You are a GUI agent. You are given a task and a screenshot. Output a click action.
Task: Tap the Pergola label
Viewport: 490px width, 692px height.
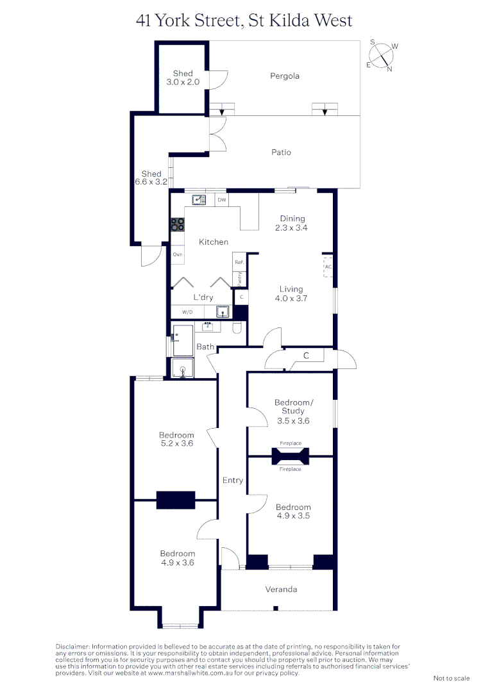tap(285, 76)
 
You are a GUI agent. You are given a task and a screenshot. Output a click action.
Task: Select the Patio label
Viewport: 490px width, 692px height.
tap(281, 152)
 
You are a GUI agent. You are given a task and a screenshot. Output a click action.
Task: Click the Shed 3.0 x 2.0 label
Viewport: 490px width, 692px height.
tap(183, 78)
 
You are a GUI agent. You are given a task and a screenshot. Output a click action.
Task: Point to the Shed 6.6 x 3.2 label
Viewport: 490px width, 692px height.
tap(151, 178)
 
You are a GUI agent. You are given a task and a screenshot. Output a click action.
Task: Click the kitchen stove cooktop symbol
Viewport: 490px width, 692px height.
tap(178, 225)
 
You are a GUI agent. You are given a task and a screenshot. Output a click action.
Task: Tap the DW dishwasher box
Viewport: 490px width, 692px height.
tap(222, 200)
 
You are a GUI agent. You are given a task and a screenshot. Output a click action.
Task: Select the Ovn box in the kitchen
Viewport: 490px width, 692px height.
tap(178, 254)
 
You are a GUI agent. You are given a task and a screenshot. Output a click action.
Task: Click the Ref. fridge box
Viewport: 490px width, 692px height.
tap(239, 262)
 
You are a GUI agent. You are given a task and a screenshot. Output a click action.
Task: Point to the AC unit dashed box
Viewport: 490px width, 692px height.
tap(328, 267)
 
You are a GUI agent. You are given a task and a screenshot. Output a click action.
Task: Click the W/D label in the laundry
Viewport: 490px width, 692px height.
tap(187, 312)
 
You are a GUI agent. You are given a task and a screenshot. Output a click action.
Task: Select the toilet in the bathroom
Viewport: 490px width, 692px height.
tap(237, 329)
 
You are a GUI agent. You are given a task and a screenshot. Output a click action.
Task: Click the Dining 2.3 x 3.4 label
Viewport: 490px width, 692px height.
tap(292, 223)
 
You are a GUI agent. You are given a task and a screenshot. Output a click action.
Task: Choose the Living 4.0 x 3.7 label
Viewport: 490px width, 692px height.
tap(291, 293)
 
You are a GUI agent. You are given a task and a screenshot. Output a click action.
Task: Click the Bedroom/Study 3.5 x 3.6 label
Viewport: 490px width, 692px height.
tap(294, 411)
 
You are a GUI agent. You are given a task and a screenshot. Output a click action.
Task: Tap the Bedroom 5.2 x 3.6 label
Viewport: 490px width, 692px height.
tap(177, 439)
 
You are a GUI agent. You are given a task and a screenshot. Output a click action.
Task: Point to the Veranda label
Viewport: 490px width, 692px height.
tap(282, 589)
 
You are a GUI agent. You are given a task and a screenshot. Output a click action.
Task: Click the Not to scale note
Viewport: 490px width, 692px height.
tap(452, 678)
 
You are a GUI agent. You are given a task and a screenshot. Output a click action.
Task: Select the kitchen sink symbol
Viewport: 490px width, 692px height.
tap(199, 200)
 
